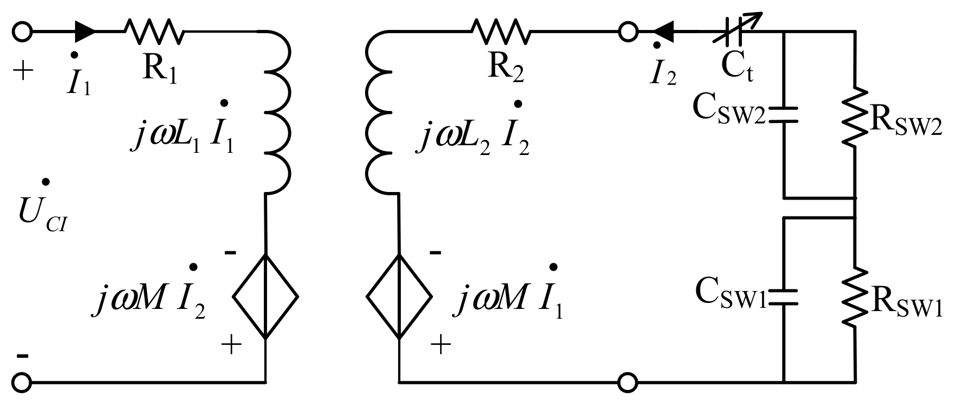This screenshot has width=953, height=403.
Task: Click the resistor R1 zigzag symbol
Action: (x=155, y=32)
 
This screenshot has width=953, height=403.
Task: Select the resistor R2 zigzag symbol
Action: (x=501, y=32)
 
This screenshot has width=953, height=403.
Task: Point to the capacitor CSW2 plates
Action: (x=783, y=114)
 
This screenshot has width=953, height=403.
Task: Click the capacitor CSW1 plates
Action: (x=783, y=297)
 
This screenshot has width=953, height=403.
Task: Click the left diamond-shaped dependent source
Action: (x=265, y=297)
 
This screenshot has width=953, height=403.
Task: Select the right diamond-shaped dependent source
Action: (x=399, y=297)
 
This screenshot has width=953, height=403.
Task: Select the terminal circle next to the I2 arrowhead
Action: (x=628, y=32)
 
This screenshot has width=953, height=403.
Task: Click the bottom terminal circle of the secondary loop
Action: (x=628, y=382)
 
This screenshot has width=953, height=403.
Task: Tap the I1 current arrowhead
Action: (x=85, y=32)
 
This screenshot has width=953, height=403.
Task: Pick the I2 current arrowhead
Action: (x=664, y=32)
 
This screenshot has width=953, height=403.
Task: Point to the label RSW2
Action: (x=906, y=123)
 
